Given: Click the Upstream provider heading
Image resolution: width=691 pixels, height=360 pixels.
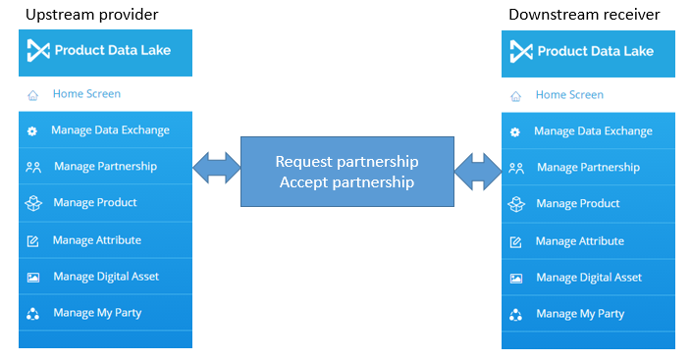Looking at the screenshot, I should [x=92, y=15].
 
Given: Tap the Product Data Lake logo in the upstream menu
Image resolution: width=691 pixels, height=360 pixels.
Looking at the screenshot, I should [x=105, y=50].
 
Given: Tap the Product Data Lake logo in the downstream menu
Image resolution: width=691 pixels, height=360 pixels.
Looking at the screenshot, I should [x=588, y=51].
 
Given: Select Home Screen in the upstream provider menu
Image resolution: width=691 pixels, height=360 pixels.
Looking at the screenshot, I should [x=86, y=94].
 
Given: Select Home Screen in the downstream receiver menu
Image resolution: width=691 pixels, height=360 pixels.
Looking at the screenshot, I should [x=569, y=95].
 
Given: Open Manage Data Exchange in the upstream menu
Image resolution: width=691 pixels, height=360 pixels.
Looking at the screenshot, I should [x=110, y=130].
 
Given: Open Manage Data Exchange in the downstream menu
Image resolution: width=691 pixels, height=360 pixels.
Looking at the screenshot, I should [x=593, y=131].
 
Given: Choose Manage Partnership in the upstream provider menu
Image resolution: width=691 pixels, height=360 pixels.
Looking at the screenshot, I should [x=105, y=167].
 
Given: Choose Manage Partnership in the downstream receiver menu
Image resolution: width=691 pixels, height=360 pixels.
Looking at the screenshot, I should [x=588, y=168].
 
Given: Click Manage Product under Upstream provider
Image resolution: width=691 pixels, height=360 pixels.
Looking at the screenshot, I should [x=95, y=203].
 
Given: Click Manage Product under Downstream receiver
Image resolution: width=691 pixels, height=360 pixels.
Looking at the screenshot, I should [x=578, y=204].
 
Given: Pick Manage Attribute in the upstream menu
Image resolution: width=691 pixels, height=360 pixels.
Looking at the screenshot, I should [x=97, y=240].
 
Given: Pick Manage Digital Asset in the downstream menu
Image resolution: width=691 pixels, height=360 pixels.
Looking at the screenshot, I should [x=589, y=278].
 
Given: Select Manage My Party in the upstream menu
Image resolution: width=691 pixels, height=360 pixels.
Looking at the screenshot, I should [x=97, y=313].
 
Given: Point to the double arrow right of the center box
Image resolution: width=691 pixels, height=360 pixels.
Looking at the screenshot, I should [x=478, y=168].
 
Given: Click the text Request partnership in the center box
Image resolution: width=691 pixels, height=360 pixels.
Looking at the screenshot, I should [x=346, y=161].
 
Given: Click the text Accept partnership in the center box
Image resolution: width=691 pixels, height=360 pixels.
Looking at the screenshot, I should [x=346, y=181].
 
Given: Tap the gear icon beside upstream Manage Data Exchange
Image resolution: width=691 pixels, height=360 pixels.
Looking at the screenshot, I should [x=32, y=130].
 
